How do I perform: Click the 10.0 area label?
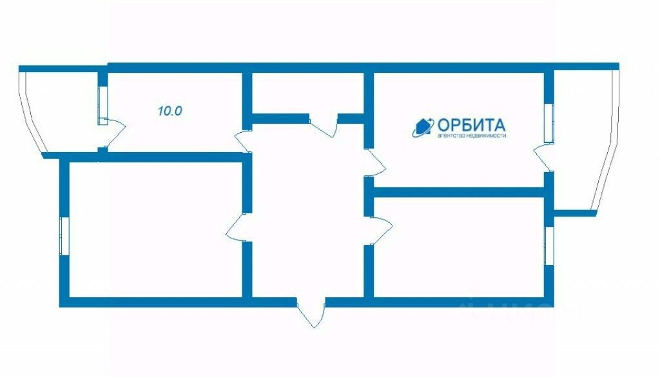(x=170, y=111)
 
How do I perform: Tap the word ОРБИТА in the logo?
(x=471, y=125)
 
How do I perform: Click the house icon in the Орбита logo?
(x=423, y=127)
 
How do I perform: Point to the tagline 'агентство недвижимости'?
(x=472, y=136)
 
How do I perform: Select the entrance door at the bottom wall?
(x=311, y=313)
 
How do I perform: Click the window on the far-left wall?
(x=64, y=237)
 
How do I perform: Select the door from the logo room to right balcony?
(x=541, y=159)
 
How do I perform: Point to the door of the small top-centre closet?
(x=324, y=126)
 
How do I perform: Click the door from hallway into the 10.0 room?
(x=242, y=140)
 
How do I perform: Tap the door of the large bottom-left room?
(x=237, y=226)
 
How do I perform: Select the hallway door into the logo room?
(x=374, y=162)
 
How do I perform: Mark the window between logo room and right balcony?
(x=548, y=122)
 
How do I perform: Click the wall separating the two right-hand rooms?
(x=459, y=192)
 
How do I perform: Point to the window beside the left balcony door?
(x=102, y=104)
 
